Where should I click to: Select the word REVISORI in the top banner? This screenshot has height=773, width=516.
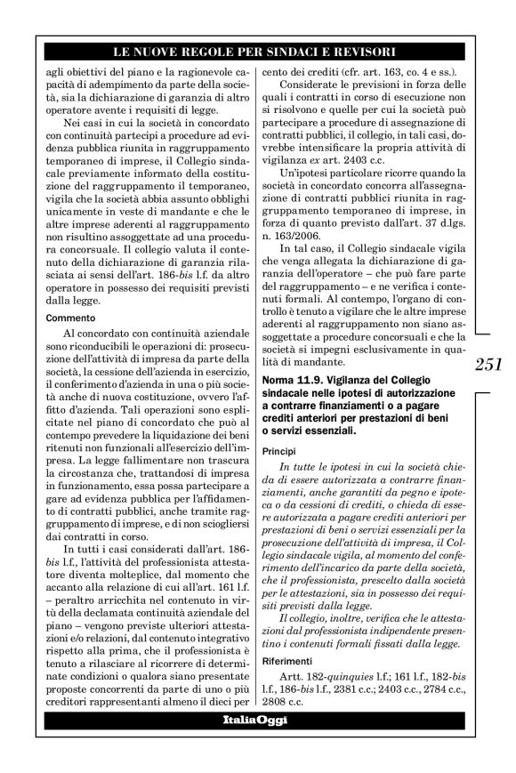[x=363, y=50]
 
